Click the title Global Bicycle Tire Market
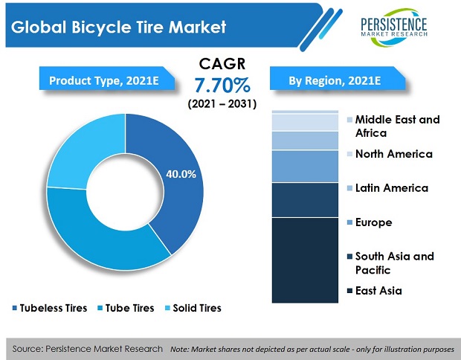(119, 28)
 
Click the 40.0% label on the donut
(181, 174)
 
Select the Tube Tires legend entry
(126, 307)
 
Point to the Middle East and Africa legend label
(397, 126)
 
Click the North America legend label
(393, 154)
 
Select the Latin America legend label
(391, 187)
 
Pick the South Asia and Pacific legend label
(394, 263)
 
